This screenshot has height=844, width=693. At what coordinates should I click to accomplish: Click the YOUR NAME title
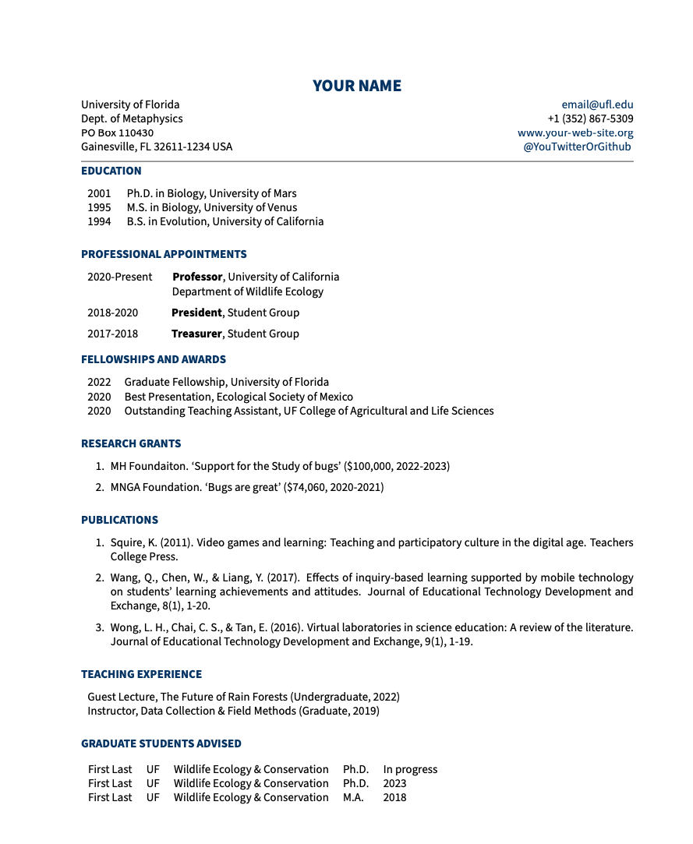pyautogui.click(x=357, y=86)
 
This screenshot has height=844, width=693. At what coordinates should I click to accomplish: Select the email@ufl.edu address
pyautogui.click(x=597, y=104)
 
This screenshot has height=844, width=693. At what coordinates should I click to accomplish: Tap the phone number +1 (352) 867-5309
pyautogui.click(x=590, y=118)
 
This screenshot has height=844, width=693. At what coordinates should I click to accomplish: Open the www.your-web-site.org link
pyautogui.click(x=575, y=132)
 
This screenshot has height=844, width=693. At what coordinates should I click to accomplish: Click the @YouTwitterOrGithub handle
pyautogui.click(x=577, y=147)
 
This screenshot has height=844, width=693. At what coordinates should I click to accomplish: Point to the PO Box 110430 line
pyautogui.click(x=117, y=132)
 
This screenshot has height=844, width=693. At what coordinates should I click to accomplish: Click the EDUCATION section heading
pyautogui.click(x=111, y=171)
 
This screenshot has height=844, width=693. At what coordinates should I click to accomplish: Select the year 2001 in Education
pyautogui.click(x=99, y=193)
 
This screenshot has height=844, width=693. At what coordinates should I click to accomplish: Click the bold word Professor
pyautogui.click(x=198, y=277)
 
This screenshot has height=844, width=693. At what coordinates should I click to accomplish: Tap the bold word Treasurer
pyautogui.click(x=196, y=334)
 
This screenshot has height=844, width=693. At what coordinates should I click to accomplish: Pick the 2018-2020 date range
pyautogui.click(x=112, y=313)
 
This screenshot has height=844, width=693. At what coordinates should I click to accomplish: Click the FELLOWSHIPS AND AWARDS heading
pyautogui.click(x=154, y=359)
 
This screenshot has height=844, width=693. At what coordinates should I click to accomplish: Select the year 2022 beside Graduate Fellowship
pyautogui.click(x=99, y=382)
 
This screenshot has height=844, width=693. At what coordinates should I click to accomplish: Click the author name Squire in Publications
pyautogui.click(x=127, y=542)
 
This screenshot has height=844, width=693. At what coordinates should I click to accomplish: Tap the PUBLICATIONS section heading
pyautogui.click(x=119, y=520)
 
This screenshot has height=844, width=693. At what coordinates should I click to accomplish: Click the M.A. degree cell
pyautogui.click(x=353, y=797)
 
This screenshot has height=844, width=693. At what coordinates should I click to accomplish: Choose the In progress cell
pyautogui.click(x=410, y=769)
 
